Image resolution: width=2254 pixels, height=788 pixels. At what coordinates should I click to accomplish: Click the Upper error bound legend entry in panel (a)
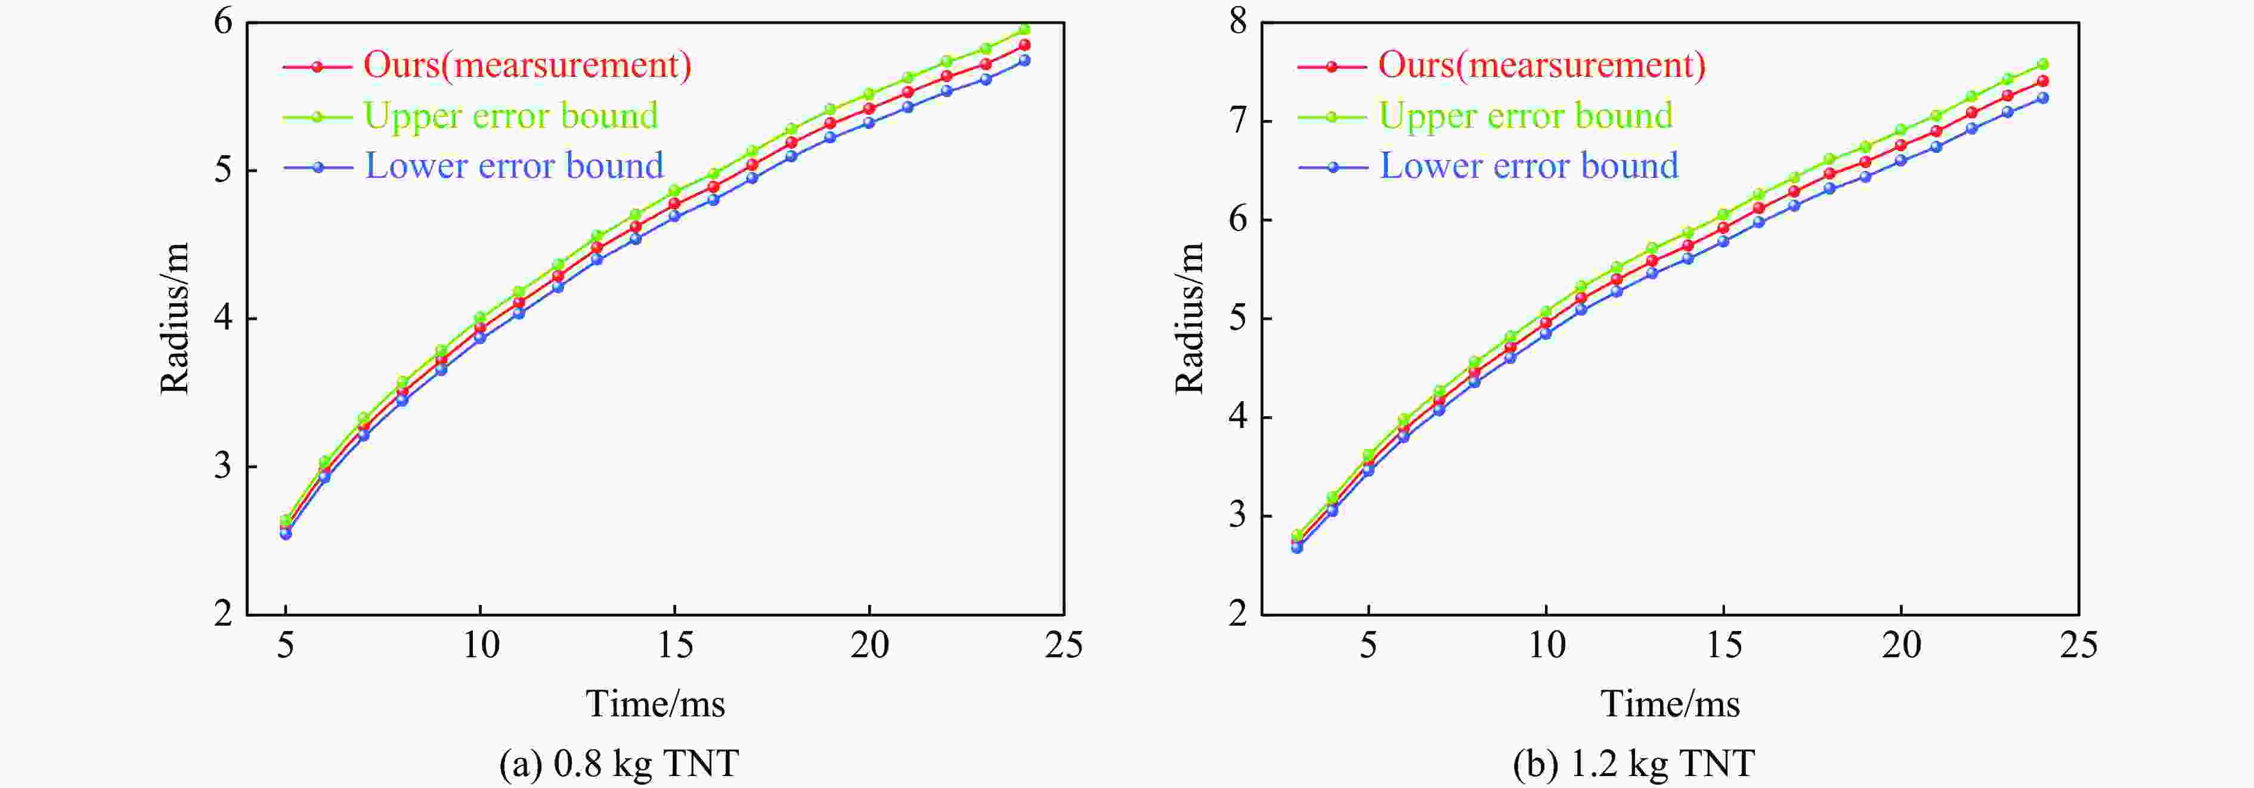pyautogui.click(x=510, y=116)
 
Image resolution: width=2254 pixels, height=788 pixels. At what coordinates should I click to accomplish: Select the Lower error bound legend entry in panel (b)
pyautogui.click(x=1529, y=165)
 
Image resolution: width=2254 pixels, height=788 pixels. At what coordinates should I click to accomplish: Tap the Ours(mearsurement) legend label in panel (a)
pyautogui.click(x=527, y=65)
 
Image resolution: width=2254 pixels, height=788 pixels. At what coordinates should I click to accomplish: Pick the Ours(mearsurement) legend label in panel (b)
pyautogui.click(x=1542, y=65)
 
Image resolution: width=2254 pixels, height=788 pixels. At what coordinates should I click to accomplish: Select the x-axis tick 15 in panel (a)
pyautogui.click(x=674, y=646)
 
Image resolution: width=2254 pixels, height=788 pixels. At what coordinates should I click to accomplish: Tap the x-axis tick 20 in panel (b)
pyautogui.click(x=1902, y=646)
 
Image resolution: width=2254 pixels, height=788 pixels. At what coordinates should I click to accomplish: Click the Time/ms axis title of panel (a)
pyautogui.click(x=655, y=704)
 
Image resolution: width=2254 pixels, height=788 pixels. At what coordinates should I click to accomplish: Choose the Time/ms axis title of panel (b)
pyautogui.click(x=1670, y=704)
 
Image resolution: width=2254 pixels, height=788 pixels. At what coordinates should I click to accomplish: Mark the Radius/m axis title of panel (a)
pyautogui.click(x=175, y=319)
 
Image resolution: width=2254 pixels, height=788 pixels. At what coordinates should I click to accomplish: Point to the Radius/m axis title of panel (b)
pyautogui.click(x=1190, y=319)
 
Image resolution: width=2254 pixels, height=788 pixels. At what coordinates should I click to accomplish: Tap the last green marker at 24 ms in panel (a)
pyautogui.click(x=1024, y=29)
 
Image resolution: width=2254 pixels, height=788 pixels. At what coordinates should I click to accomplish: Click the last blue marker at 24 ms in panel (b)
pyautogui.click(x=2043, y=98)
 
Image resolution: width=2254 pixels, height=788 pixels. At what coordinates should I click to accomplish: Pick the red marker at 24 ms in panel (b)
pyautogui.click(x=2043, y=81)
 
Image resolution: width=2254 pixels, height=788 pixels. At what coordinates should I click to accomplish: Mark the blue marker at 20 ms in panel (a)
pyautogui.click(x=869, y=122)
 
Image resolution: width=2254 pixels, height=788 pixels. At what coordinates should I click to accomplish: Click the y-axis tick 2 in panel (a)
pyautogui.click(x=224, y=614)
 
